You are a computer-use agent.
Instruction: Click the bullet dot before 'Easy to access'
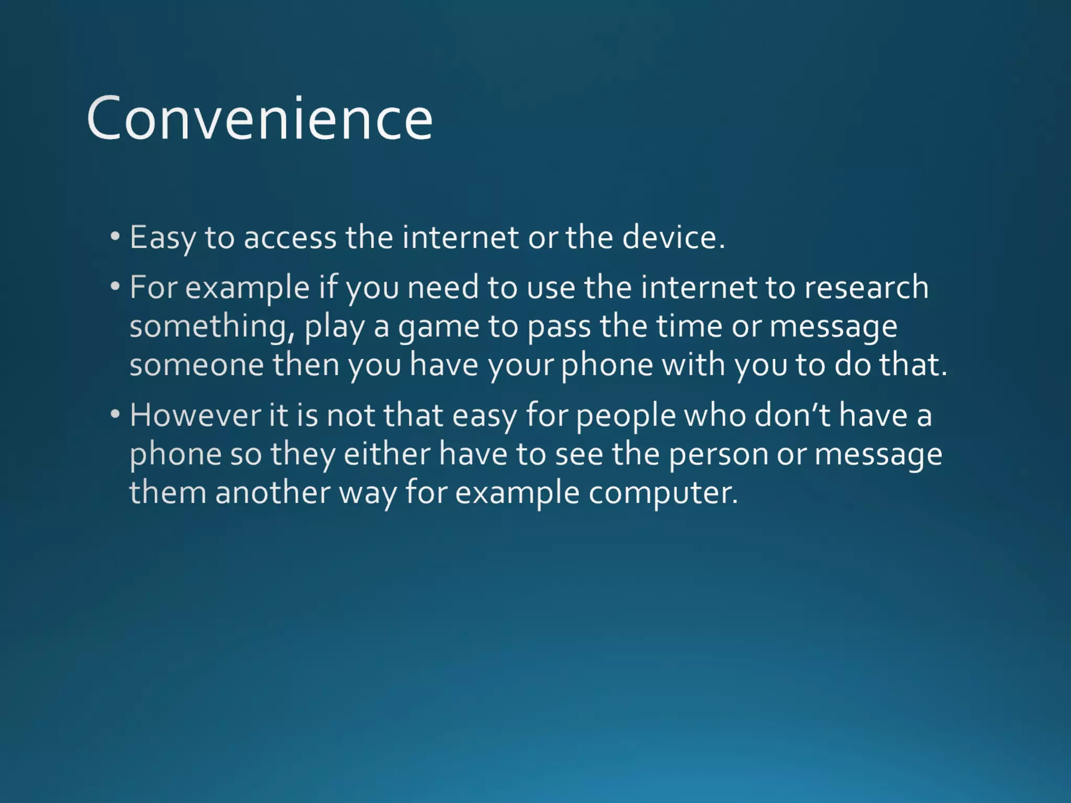coord(115,236)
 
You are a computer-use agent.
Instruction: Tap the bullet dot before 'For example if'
coord(115,286)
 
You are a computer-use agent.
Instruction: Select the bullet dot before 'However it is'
coord(115,414)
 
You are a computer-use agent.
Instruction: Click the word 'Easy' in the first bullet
coord(163,238)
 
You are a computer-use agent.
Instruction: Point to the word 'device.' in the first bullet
coord(674,237)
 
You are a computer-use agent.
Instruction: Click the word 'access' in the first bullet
coord(290,238)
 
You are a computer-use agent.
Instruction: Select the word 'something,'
coord(212,327)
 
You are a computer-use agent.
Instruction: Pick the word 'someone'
coord(197,365)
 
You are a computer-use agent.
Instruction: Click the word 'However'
coord(195,416)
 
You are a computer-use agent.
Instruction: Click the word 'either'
coord(387,454)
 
